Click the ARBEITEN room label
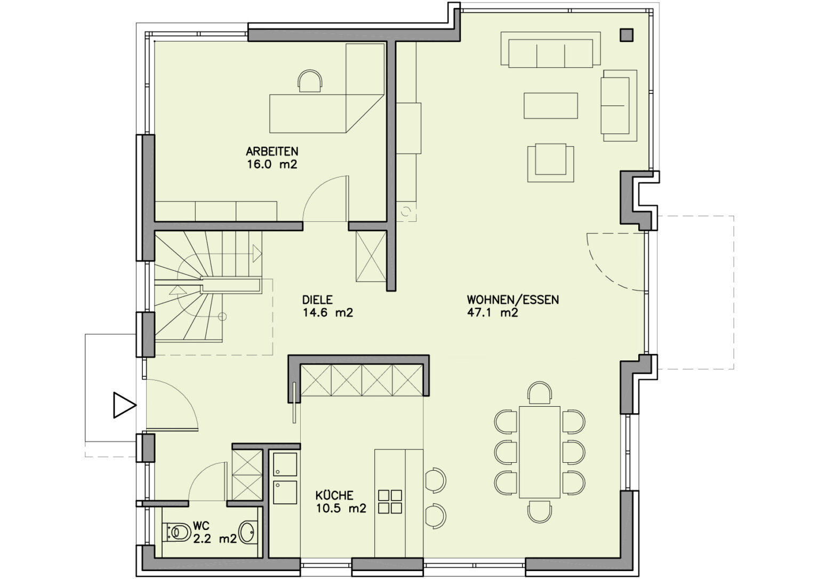click(x=272, y=151)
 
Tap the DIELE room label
click(x=317, y=300)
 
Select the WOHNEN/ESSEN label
click(x=513, y=300)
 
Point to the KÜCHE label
click(x=334, y=496)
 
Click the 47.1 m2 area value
click(x=493, y=313)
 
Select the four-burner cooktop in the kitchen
click(x=390, y=502)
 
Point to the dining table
click(x=540, y=452)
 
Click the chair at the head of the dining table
click(x=540, y=393)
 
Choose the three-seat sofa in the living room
click(x=550, y=50)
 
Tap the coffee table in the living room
click(x=551, y=106)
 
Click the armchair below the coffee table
click(x=550, y=163)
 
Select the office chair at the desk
click(x=310, y=81)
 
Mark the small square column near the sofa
click(x=627, y=35)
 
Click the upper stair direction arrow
click(x=256, y=253)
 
